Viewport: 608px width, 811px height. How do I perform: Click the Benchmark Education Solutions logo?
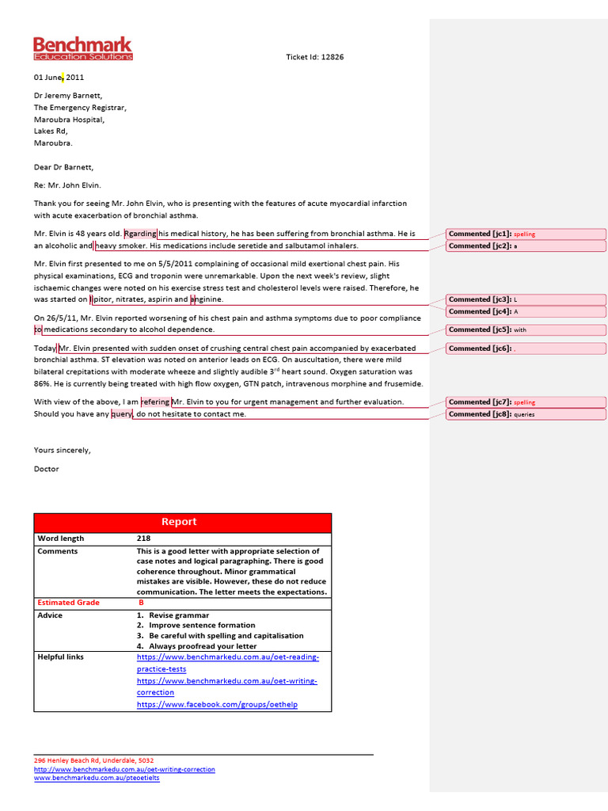[x=82, y=48]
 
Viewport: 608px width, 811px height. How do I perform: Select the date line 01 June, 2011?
[x=59, y=78]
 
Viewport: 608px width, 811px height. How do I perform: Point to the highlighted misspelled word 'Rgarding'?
[x=140, y=234]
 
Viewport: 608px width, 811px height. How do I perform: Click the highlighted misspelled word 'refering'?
[x=155, y=402]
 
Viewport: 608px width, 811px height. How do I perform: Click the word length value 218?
[x=143, y=539]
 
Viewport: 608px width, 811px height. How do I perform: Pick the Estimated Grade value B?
[x=142, y=603]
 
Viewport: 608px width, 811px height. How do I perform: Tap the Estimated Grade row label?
[x=69, y=603]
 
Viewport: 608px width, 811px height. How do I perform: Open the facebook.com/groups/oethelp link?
[x=217, y=705]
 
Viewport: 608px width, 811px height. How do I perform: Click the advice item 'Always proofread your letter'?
[x=203, y=646]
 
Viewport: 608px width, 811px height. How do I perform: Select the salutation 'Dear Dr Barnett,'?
[x=63, y=167]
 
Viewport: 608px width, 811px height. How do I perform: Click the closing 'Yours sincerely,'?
[x=63, y=450]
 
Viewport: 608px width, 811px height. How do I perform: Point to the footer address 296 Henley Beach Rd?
[x=93, y=760]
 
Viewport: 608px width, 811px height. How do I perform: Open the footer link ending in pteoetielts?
[x=97, y=778]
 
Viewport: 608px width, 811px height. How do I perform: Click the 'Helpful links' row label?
[x=60, y=657]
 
